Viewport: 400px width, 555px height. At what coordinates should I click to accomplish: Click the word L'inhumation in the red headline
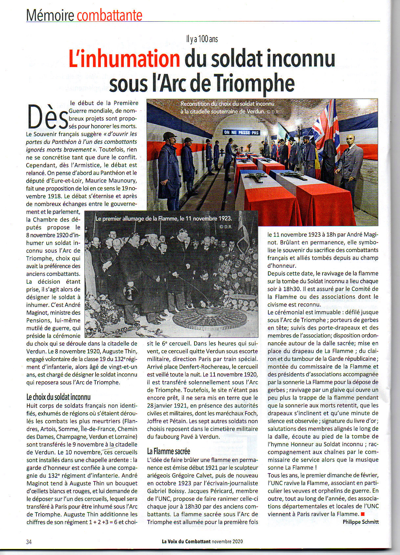tap(124, 59)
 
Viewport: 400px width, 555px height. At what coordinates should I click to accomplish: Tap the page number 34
tap(29, 542)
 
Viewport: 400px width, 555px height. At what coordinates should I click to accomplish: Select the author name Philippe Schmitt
tap(360, 521)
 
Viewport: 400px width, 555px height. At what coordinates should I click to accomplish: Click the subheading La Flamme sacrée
tap(168, 451)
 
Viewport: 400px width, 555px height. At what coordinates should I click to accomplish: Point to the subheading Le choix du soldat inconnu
tap(58, 397)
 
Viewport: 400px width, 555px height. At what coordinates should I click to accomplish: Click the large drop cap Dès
tap(48, 117)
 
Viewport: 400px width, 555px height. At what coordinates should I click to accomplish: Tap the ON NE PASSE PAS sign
tap(241, 132)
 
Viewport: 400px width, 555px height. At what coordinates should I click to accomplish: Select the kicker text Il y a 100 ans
tap(202, 39)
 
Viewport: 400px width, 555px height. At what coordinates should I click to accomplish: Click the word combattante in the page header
tap(109, 15)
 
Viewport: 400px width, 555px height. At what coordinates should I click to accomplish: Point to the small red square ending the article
tap(363, 514)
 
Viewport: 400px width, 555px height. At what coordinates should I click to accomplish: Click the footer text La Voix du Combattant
tap(186, 542)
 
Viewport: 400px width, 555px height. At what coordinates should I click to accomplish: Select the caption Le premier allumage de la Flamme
tap(164, 219)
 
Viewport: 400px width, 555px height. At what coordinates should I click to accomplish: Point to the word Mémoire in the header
tap(50, 15)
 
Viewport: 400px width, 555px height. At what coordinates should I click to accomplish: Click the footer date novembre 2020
tap(227, 542)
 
